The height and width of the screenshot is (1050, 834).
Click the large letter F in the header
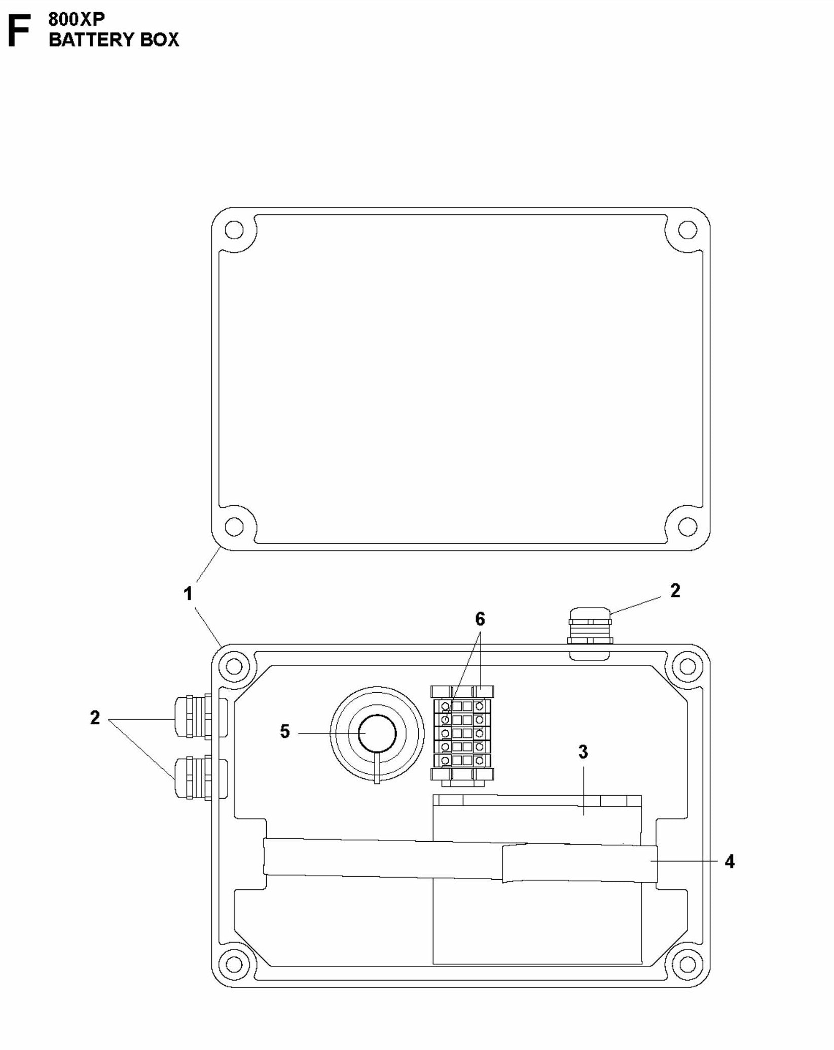pos(19,31)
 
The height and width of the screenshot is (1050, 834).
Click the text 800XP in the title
pos(77,19)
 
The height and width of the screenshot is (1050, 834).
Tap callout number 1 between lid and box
pos(188,593)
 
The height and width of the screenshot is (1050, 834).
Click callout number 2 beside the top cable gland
pos(675,590)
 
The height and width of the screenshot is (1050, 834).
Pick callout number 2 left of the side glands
pos(95,718)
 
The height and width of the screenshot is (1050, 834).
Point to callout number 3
pos(583,752)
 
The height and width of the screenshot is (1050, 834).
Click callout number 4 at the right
pos(729,861)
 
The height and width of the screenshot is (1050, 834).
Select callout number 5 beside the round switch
pos(285,732)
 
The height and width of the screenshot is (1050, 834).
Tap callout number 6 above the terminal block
pos(480,619)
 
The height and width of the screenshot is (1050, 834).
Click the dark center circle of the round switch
pos(377,733)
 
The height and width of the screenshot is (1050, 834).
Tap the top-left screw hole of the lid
pos(234,230)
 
